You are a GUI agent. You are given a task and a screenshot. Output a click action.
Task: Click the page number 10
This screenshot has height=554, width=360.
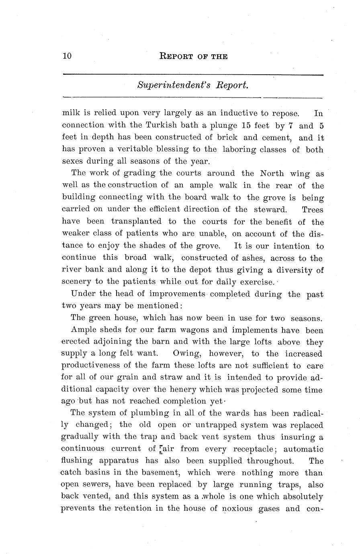pyautogui.click(x=67, y=56)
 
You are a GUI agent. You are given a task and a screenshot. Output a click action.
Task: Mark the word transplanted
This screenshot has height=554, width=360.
pyautogui.click(x=136, y=222)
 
